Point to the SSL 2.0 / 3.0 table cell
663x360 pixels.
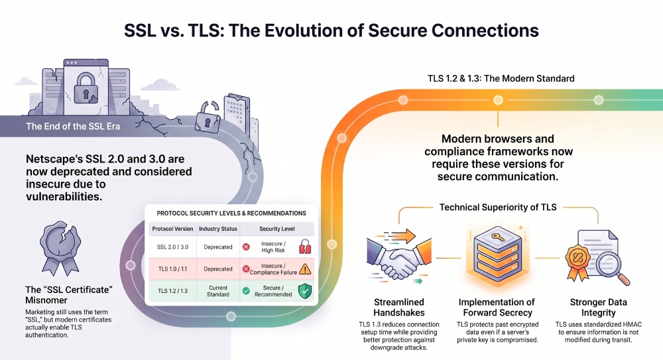point(172,247)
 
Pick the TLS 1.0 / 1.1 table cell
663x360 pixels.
point(172,269)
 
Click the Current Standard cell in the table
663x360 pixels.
point(218,291)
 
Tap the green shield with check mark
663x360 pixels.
point(305,291)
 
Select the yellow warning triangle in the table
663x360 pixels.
point(305,269)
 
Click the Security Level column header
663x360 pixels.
point(277,229)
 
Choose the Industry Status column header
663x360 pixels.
point(218,229)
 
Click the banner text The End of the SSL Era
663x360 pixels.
point(73,127)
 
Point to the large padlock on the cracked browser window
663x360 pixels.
point(86,88)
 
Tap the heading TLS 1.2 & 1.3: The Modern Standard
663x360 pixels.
point(501,78)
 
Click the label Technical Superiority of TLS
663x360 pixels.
point(498,208)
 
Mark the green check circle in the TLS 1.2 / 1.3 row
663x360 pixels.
point(246,291)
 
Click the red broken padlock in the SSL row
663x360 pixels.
point(305,247)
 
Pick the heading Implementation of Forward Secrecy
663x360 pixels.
point(497,308)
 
